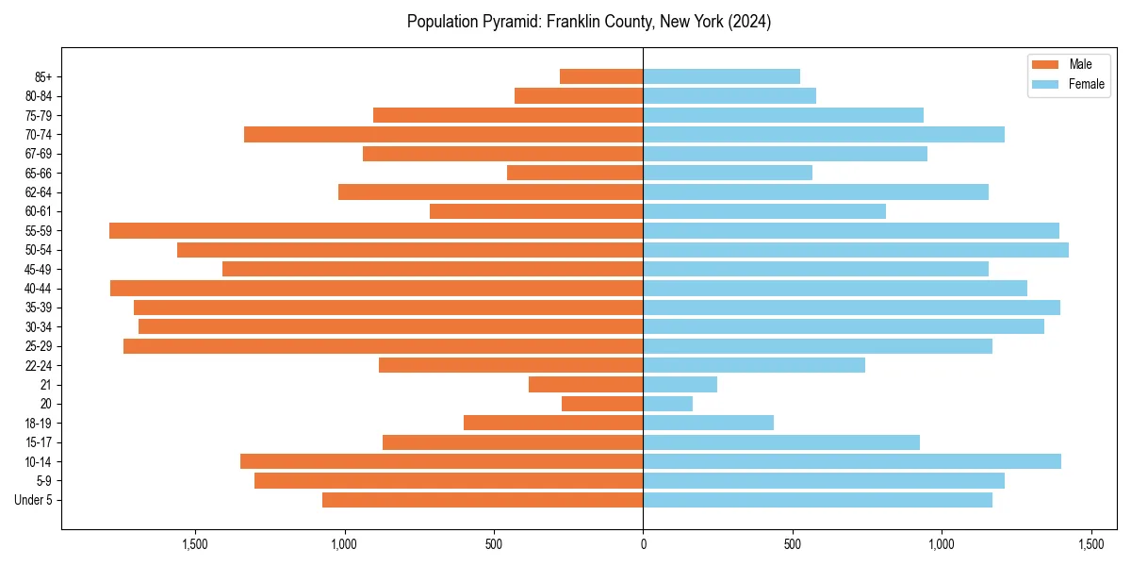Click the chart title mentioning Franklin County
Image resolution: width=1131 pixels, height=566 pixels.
click(x=589, y=22)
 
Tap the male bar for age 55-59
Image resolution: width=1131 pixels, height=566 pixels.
click(x=376, y=230)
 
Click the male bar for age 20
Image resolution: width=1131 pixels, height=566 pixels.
click(x=602, y=404)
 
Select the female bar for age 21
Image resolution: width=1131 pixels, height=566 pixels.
click(x=680, y=384)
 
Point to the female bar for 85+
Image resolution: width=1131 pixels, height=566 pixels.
click(x=721, y=76)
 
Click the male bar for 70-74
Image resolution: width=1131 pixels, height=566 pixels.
click(x=443, y=134)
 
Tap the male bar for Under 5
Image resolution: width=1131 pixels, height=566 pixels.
click(x=483, y=500)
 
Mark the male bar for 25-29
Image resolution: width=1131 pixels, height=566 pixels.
click(x=383, y=346)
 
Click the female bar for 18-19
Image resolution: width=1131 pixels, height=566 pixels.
click(x=708, y=423)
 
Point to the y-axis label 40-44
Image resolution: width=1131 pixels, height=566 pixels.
click(x=39, y=289)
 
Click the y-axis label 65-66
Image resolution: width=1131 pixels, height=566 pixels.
click(x=39, y=173)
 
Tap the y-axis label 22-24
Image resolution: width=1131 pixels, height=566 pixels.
click(x=39, y=365)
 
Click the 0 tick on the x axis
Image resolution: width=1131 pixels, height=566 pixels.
click(x=643, y=544)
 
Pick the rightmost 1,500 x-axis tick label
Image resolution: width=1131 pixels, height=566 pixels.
click(x=1090, y=544)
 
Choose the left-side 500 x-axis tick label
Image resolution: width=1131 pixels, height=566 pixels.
click(x=494, y=544)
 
